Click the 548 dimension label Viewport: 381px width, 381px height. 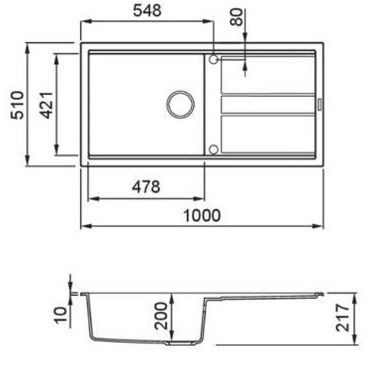point(148,10)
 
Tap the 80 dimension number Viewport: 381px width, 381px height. point(236,17)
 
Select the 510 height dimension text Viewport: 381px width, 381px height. point(18,105)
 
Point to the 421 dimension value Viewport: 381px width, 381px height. point(46,105)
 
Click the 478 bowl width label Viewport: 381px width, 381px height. point(146,187)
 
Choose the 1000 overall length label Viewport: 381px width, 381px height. point(202,215)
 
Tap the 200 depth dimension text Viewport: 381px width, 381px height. point(161,316)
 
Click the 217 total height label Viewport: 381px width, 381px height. point(342,317)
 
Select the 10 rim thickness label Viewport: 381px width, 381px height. point(60,314)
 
